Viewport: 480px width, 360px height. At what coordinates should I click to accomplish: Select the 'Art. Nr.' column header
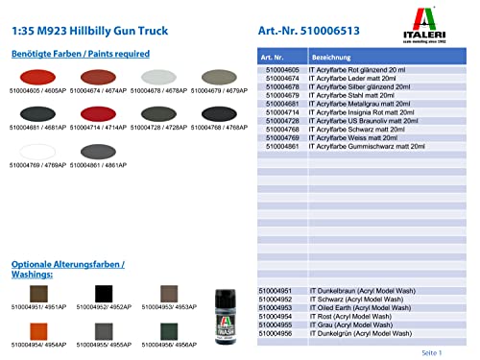point(274,57)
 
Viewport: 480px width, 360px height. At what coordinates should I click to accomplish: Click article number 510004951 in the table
point(278,291)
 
